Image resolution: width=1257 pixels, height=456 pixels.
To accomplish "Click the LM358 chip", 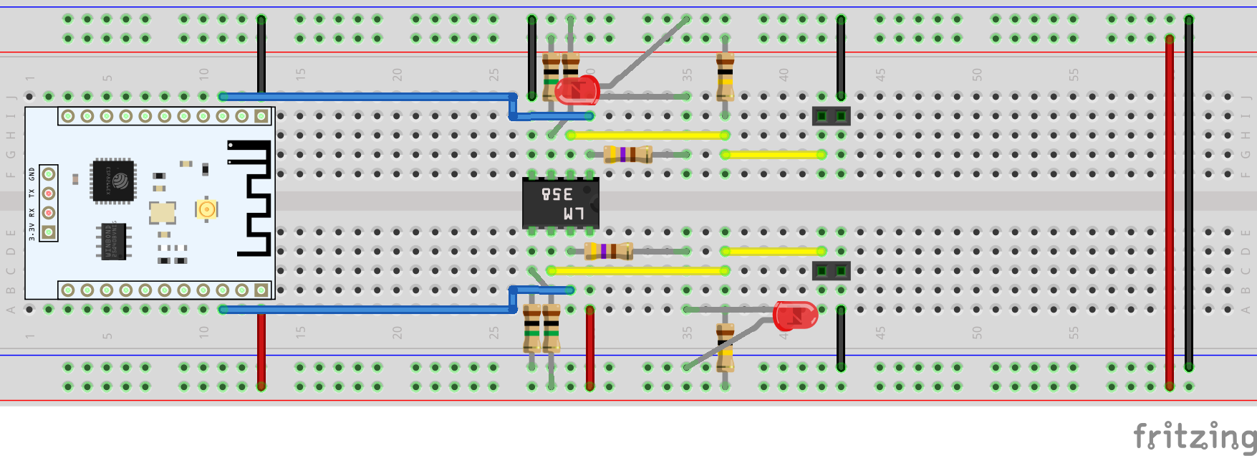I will (x=560, y=204).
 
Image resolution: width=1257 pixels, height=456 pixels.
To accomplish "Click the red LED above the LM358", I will (x=577, y=90).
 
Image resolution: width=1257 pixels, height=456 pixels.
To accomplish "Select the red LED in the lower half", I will (x=795, y=315).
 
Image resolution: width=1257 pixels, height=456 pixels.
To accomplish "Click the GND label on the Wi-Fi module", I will (x=32, y=174).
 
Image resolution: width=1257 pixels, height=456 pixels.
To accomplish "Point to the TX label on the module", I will (x=32, y=194).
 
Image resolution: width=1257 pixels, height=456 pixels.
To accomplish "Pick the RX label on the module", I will (x=32, y=213).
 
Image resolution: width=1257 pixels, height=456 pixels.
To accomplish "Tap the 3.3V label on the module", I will (x=32, y=232).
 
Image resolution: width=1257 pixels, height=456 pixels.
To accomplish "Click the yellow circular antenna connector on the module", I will (x=206, y=209).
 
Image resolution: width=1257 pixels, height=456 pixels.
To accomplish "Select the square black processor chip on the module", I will (x=113, y=180).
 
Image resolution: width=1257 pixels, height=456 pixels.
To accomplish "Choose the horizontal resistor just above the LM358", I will (x=627, y=154).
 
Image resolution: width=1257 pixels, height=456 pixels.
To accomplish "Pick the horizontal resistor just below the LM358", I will (x=608, y=251).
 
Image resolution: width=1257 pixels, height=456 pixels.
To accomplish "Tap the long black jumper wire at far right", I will (x=1189, y=194).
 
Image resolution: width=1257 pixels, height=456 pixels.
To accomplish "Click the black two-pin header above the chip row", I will (x=831, y=115).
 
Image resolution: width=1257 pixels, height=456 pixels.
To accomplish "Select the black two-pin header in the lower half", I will (x=831, y=270).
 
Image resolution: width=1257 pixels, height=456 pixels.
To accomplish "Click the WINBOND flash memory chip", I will (x=113, y=241).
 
